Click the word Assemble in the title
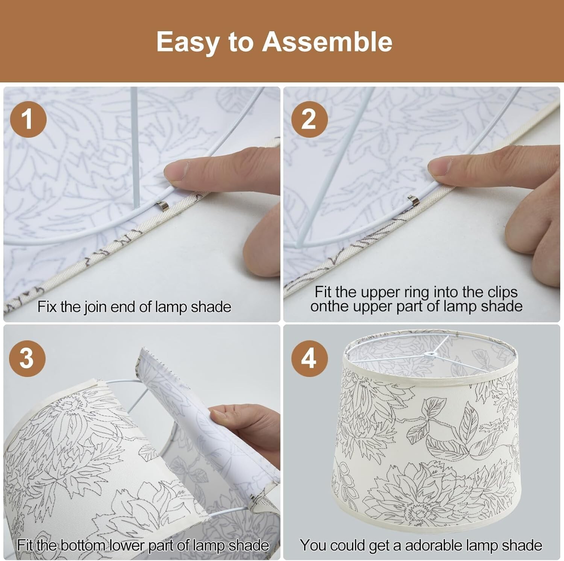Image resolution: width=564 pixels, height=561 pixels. pyautogui.click(x=327, y=41)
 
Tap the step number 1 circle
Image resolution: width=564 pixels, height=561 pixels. pyautogui.click(x=28, y=119)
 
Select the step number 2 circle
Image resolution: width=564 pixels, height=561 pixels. pyautogui.click(x=309, y=119)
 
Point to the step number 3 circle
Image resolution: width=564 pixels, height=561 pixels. pyautogui.click(x=27, y=357)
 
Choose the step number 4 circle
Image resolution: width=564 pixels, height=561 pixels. pyautogui.click(x=309, y=357)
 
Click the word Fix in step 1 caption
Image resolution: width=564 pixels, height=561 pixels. pyautogui.click(x=47, y=307)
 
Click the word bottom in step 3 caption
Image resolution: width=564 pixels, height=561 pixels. pyautogui.click(x=83, y=545)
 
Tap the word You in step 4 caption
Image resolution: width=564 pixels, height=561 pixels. pyautogui.click(x=312, y=545)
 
